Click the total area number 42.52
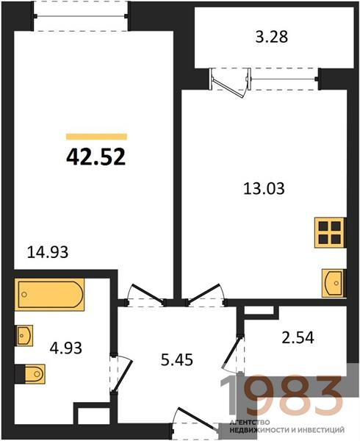[96, 157]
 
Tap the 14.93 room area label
[48, 252]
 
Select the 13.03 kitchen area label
[264, 188]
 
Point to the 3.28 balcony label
[272, 37]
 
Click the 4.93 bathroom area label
[66, 348]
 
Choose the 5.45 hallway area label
[177, 359]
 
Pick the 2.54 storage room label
[298, 337]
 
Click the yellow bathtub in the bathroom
[49, 295]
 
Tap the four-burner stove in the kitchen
[330, 233]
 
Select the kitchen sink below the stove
[334, 283]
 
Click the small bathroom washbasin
[24, 336]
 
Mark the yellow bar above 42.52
[96, 137]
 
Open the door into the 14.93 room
[145, 296]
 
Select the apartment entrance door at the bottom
[195, 420]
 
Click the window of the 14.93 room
[81, 16]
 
